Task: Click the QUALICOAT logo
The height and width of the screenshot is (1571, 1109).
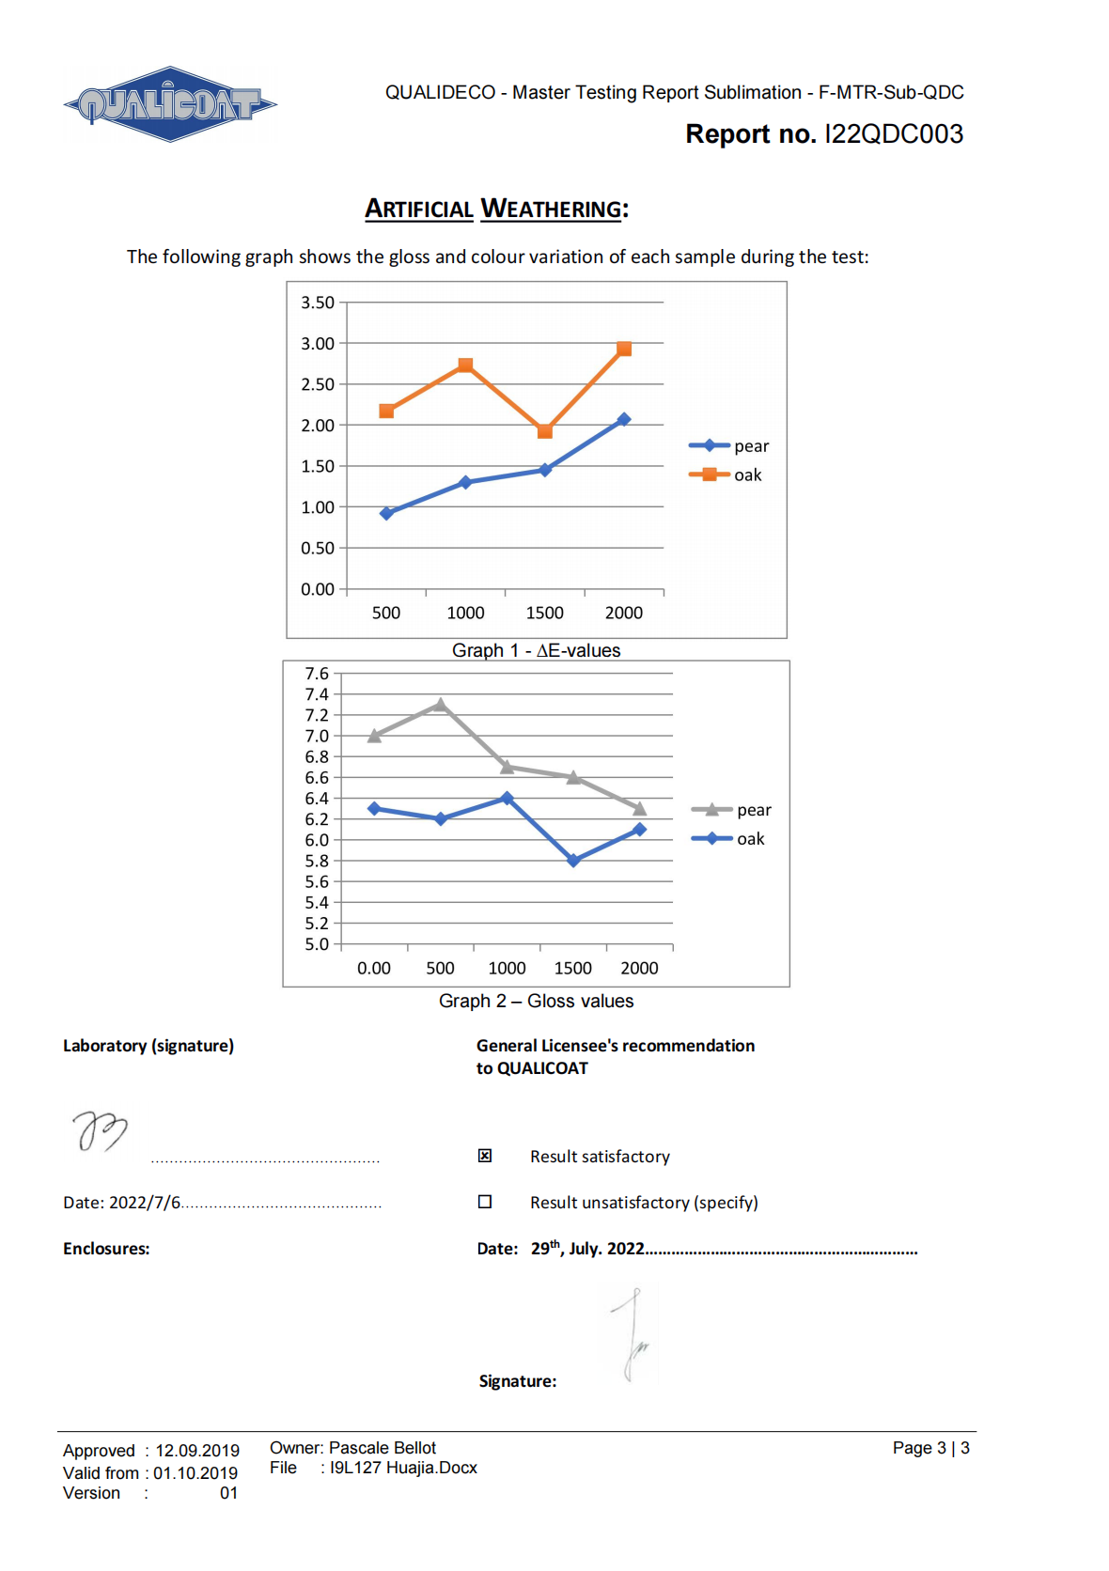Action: (170, 104)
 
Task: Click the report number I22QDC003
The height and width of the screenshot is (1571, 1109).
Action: (893, 134)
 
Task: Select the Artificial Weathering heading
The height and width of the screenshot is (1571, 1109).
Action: (496, 209)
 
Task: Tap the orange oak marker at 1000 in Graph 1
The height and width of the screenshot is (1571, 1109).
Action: (465, 366)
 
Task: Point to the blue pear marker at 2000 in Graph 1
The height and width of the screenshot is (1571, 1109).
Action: (623, 419)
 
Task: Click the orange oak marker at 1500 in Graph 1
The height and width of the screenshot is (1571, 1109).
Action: (545, 431)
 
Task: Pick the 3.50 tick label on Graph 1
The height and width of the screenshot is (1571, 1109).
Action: (318, 303)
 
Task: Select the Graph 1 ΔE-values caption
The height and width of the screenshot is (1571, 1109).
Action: (536, 650)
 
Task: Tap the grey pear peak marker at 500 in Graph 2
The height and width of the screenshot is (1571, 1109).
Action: (441, 704)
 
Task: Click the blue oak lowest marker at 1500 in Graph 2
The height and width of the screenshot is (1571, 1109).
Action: (573, 861)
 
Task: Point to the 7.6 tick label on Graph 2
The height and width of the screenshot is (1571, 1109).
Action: (317, 674)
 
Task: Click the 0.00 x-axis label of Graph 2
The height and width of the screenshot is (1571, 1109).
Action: (374, 968)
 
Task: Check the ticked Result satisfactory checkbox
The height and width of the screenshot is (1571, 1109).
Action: (485, 1156)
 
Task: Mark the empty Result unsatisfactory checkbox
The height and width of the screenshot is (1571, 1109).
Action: (485, 1202)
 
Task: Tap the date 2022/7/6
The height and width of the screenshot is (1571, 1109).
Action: (145, 1203)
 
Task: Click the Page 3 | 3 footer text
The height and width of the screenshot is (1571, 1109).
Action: (930, 1448)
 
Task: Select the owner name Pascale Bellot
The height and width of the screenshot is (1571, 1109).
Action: (383, 1448)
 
